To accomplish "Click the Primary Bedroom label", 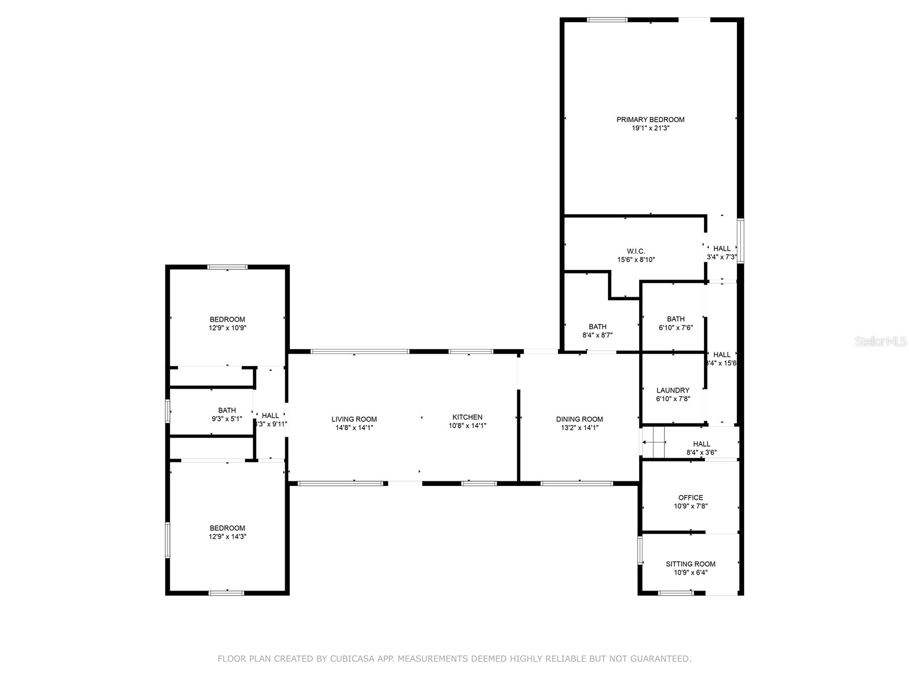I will click(651, 119).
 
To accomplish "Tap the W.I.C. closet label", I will click(636, 251).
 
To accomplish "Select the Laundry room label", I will click(673, 390).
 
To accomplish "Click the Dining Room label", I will click(579, 419).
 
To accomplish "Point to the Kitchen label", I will click(467, 417).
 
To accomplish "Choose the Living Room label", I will click(354, 419).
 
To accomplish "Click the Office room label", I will click(690, 497).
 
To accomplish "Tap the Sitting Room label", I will click(690, 564).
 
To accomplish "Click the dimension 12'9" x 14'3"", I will click(227, 537).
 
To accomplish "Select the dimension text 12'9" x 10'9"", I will click(227, 328).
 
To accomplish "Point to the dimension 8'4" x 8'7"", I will click(597, 335).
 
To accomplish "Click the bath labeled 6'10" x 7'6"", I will click(676, 319).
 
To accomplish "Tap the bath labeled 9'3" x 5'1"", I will click(227, 410).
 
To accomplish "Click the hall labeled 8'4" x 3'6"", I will click(701, 444).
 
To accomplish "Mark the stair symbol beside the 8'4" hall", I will click(654, 441).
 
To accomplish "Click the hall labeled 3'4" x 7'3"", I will click(722, 248).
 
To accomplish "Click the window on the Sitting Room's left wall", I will click(640, 550).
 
